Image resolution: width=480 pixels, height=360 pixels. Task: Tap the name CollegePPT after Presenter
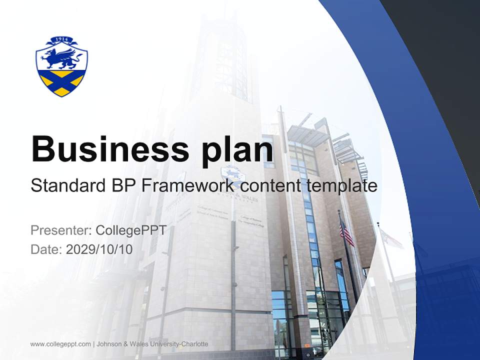[x=130, y=230]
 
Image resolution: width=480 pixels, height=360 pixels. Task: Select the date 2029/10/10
[x=99, y=249]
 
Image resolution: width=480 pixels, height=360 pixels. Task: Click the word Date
[x=45, y=249]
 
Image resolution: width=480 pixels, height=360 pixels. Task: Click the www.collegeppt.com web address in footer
[x=60, y=344]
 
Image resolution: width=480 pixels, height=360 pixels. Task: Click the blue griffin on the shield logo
[x=61, y=59]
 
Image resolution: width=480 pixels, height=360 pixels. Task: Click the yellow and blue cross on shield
[x=61, y=83]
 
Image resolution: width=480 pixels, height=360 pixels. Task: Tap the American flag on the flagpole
[x=346, y=232]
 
